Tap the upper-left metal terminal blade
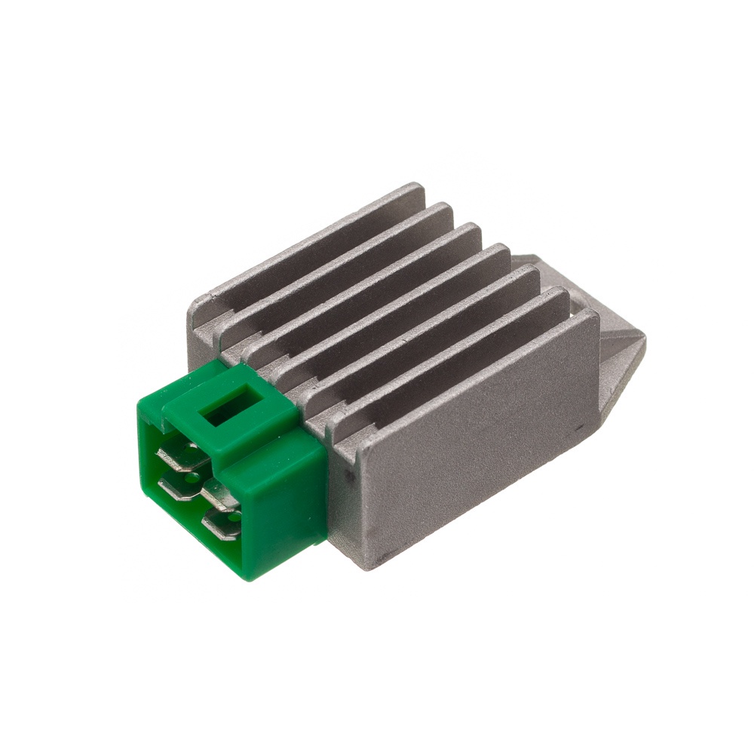[x=176, y=456]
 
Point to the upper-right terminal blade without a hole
[x=219, y=492]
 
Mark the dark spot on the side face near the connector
[x=349, y=477]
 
